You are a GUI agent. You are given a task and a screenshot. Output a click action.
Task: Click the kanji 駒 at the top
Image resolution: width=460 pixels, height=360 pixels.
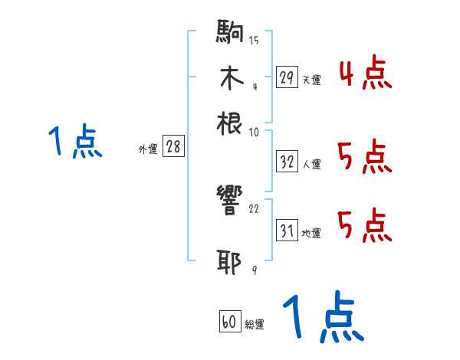[x=230, y=34]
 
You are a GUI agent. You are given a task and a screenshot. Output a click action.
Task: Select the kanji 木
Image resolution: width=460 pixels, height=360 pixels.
[x=230, y=78]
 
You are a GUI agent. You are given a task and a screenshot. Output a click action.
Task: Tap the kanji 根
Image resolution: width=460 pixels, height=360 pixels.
[x=230, y=123]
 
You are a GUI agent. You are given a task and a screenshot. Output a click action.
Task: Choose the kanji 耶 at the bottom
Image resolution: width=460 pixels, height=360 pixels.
[x=230, y=262]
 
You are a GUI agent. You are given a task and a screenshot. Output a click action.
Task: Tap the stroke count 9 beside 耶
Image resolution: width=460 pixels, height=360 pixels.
[x=253, y=269]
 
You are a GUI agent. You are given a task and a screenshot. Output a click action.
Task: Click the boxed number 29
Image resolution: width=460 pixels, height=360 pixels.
[x=287, y=77]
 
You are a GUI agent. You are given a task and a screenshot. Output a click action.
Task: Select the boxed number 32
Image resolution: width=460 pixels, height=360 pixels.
[x=287, y=162]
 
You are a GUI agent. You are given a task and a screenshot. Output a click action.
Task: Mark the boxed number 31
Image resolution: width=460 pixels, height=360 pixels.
[x=287, y=231]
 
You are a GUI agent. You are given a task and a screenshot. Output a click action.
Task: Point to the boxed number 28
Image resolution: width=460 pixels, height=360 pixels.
[x=173, y=147]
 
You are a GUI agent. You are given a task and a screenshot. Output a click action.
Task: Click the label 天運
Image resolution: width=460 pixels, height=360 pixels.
[x=311, y=80]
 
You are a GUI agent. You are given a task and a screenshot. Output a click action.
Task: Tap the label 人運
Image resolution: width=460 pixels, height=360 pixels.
[x=311, y=164]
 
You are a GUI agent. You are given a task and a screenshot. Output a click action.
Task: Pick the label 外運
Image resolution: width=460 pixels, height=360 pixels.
[x=147, y=149]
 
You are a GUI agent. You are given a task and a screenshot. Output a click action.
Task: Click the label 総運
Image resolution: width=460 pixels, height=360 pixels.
[x=255, y=325]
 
